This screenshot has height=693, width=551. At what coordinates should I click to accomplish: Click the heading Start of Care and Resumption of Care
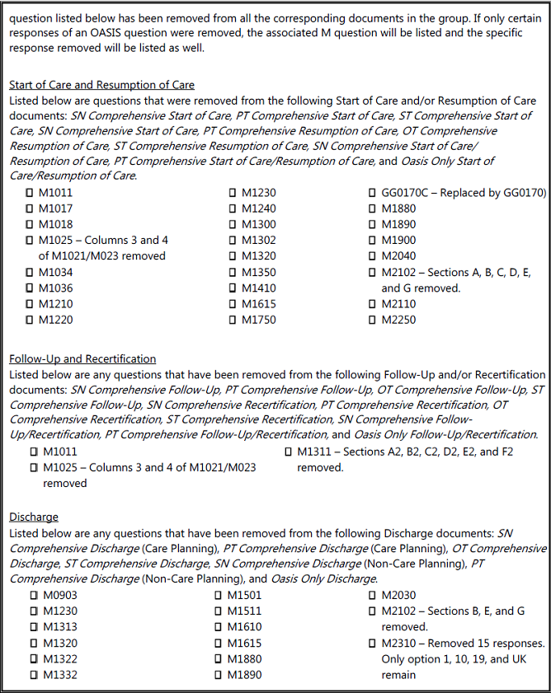pyautogui.click(x=101, y=85)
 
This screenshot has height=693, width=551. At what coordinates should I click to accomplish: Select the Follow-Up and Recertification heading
pyautogui.click(x=82, y=358)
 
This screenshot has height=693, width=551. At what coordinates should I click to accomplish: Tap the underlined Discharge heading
pyautogui.click(x=34, y=517)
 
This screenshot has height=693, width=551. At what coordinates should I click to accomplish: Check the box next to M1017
pyautogui.click(x=30, y=209)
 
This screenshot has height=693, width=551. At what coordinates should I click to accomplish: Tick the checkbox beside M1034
pyautogui.click(x=30, y=273)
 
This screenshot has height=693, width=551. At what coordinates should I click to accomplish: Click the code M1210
pyautogui.click(x=56, y=304)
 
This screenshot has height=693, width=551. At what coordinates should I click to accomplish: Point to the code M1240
pyautogui.click(x=259, y=209)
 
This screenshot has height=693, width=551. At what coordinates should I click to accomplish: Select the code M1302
pyautogui.click(x=259, y=241)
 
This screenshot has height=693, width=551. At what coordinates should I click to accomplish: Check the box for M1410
pyautogui.click(x=233, y=288)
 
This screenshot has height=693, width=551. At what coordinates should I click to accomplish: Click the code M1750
pyautogui.click(x=259, y=320)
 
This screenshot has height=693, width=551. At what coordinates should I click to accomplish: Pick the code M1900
pyautogui.click(x=398, y=241)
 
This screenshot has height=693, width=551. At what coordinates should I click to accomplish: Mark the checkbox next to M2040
pyautogui.click(x=372, y=257)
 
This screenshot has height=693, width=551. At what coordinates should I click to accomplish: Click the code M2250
pyautogui.click(x=398, y=320)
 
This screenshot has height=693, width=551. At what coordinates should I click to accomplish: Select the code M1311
pyautogui.click(x=314, y=452)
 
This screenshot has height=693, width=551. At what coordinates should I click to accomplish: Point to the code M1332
pyautogui.click(x=60, y=675)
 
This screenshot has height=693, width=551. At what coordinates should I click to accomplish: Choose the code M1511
pyautogui.click(x=244, y=611)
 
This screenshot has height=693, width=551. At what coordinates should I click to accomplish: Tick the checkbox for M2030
pyautogui.click(x=372, y=596)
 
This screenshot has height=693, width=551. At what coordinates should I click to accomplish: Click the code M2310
pyautogui.click(x=398, y=643)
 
